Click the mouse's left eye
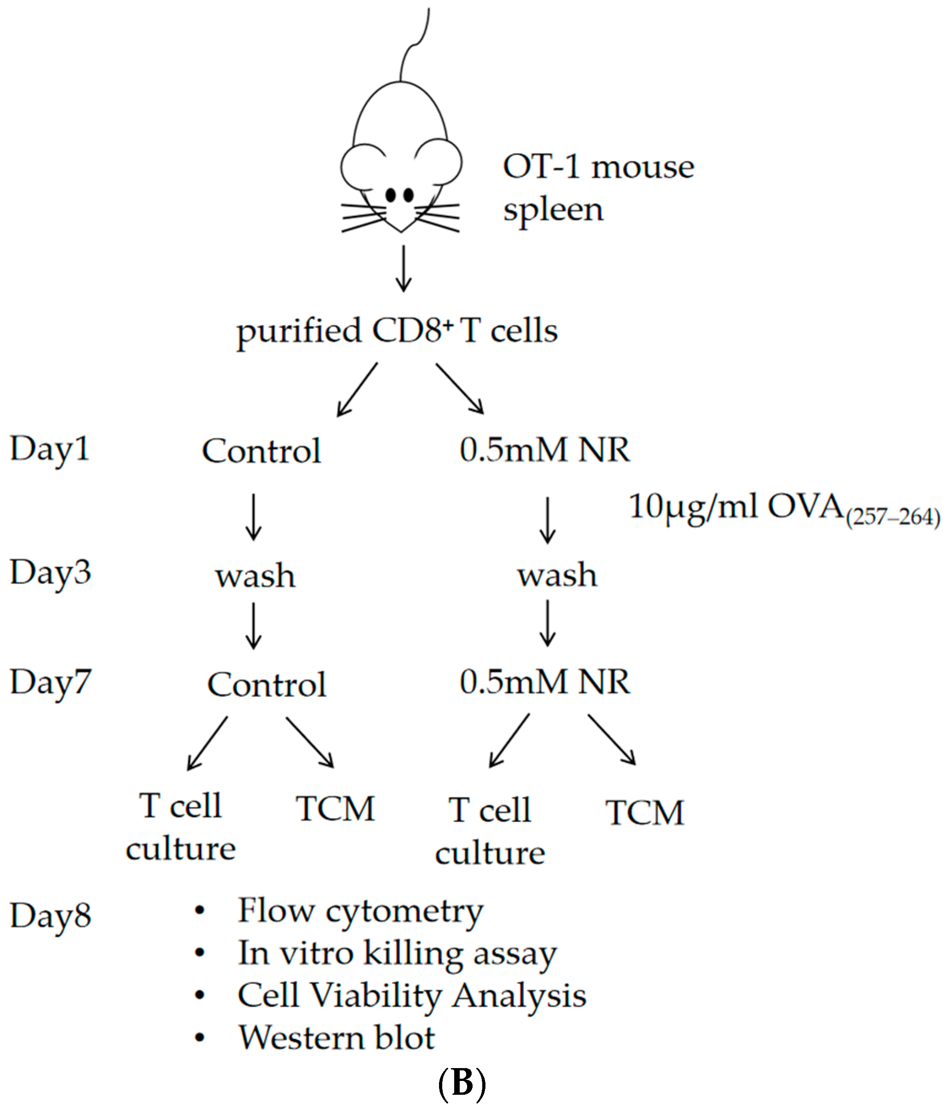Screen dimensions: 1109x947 pos(391,195)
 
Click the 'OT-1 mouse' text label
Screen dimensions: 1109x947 pos(598,166)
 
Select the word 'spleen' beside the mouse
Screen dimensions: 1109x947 pos(553,210)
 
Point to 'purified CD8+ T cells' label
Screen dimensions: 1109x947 pos(397,331)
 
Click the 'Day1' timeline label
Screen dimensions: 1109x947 pos(50,449)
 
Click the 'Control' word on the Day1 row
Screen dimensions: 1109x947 pos(261,451)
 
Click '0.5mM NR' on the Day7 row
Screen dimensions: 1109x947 pos(545,682)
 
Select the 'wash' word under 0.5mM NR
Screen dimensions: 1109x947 pos(557,576)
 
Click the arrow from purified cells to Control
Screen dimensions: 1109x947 pos(357,389)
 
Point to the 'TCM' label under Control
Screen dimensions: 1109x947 pos(336,808)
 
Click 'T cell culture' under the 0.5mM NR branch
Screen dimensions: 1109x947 pos(490,831)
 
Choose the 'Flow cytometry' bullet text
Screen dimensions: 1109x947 pos(360,910)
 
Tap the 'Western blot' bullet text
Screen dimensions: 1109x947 pos(337,1037)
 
